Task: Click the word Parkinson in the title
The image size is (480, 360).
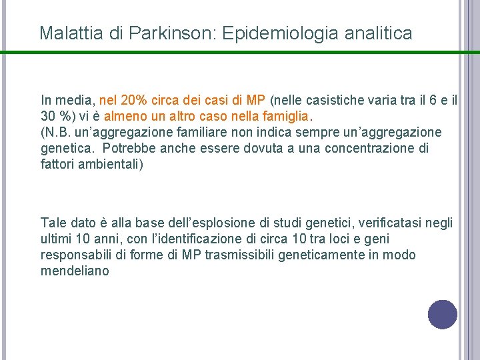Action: (x=173, y=33)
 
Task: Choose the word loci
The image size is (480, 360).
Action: (x=337, y=239)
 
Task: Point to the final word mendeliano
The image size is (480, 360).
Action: (x=74, y=271)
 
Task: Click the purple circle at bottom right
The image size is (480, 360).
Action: (x=442, y=315)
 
